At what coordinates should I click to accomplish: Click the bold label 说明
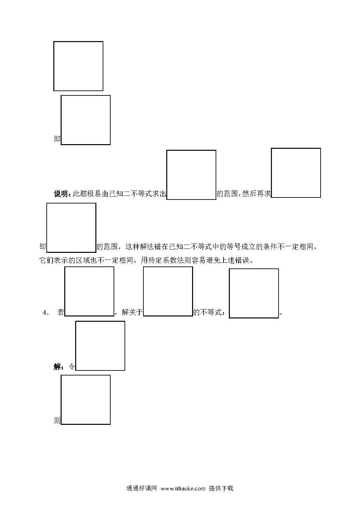[61, 194]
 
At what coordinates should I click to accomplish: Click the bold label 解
[57, 367]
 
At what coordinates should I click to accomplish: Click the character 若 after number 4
[61, 312]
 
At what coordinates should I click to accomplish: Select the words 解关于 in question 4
[132, 312]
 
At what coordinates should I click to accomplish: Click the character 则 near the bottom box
[57, 421]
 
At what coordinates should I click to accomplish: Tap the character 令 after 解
[72, 367]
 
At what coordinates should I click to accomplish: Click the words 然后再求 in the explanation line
[256, 194]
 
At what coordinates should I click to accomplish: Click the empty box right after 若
[89, 291]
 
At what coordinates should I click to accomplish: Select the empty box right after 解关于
[168, 291]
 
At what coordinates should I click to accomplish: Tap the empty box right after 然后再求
[296, 173]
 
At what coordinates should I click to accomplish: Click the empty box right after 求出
[191, 175]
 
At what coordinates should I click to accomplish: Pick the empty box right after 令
[100, 346]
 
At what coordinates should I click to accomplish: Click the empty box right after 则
[86, 400]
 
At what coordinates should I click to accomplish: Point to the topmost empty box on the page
[78, 66]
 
